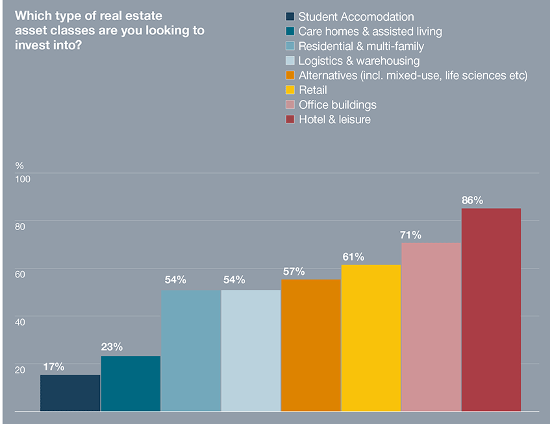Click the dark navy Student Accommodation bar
pyautogui.click(x=70, y=393)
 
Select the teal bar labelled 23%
pyautogui.click(x=131, y=383)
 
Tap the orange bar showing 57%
pyautogui.click(x=311, y=346)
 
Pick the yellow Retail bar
pyautogui.click(x=371, y=338)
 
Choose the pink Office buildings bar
pyautogui.click(x=431, y=327)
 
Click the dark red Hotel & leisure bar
pyautogui.click(x=492, y=310)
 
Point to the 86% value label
pyautogui.click(x=472, y=200)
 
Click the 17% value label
pyautogui.click(x=53, y=367)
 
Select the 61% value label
pyautogui.click(x=353, y=257)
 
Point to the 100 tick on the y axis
pyautogui.click(x=23, y=178)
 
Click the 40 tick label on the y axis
pyautogui.click(x=20, y=322)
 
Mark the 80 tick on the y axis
pyautogui.click(x=20, y=226)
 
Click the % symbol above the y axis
pyautogui.click(x=19, y=165)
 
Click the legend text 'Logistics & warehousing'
pyautogui.click(x=358, y=61)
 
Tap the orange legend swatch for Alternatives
pyautogui.click(x=290, y=76)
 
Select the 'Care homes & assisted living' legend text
pyautogui.click(x=370, y=32)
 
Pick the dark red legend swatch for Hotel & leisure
pyautogui.click(x=290, y=119)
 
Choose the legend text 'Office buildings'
pyautogui.click(x=337, y=104)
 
